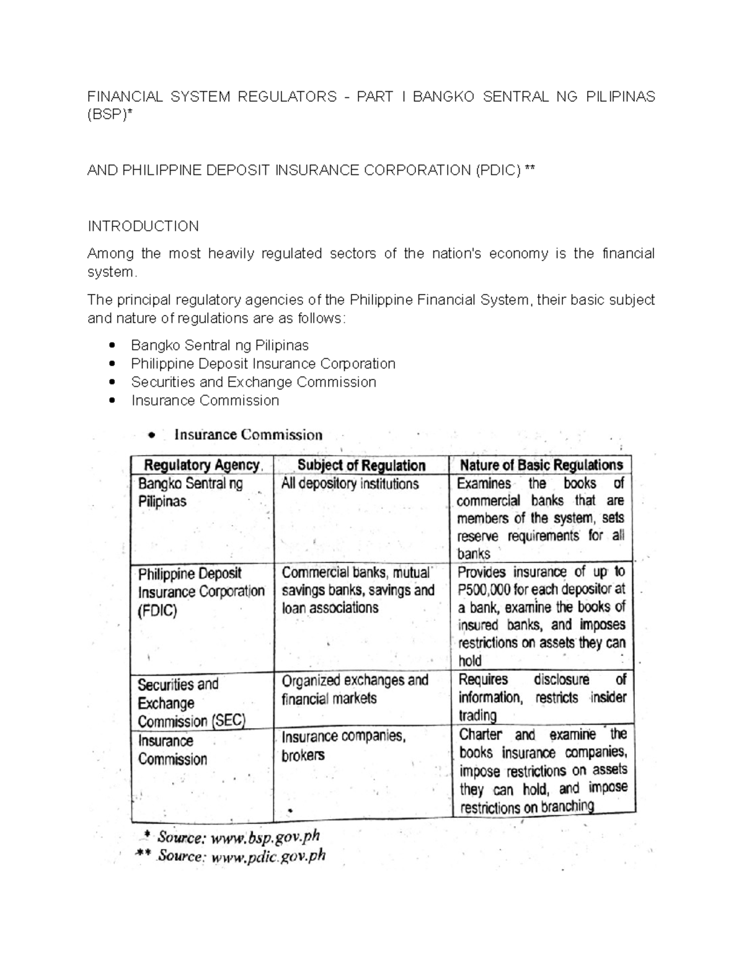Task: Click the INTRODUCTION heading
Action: tap(143, 226)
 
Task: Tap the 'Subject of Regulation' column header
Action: tap(361, 466)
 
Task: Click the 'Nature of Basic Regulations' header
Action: tap(541, 465)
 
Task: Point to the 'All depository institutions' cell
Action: tap(350, 484)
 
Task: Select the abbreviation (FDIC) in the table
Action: tap(157, 611)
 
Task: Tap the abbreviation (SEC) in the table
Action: tap(228, 721)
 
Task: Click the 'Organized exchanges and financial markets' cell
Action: tap(355, 690)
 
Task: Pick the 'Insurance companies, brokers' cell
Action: tap(343, 745)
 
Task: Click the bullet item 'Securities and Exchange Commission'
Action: tap(254, 382)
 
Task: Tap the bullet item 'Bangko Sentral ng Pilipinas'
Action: tap(219, 345)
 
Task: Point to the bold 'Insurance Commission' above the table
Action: tap(248, 435)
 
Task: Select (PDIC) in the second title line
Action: tap(498, 171)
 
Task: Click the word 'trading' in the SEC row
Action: tap(477, 716)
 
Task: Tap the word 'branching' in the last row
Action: tap(567, 807)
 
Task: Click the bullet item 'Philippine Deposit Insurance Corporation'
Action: tap(263, 364)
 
